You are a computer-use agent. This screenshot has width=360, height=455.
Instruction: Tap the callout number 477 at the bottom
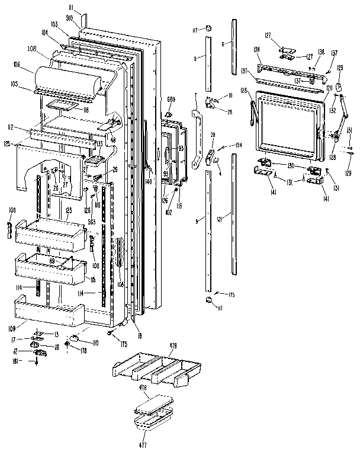[143, 444]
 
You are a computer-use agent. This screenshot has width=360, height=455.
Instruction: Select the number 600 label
[171, 98]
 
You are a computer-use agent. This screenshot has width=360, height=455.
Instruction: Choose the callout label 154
[239, 145]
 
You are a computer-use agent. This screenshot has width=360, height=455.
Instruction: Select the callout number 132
[333, 110]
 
